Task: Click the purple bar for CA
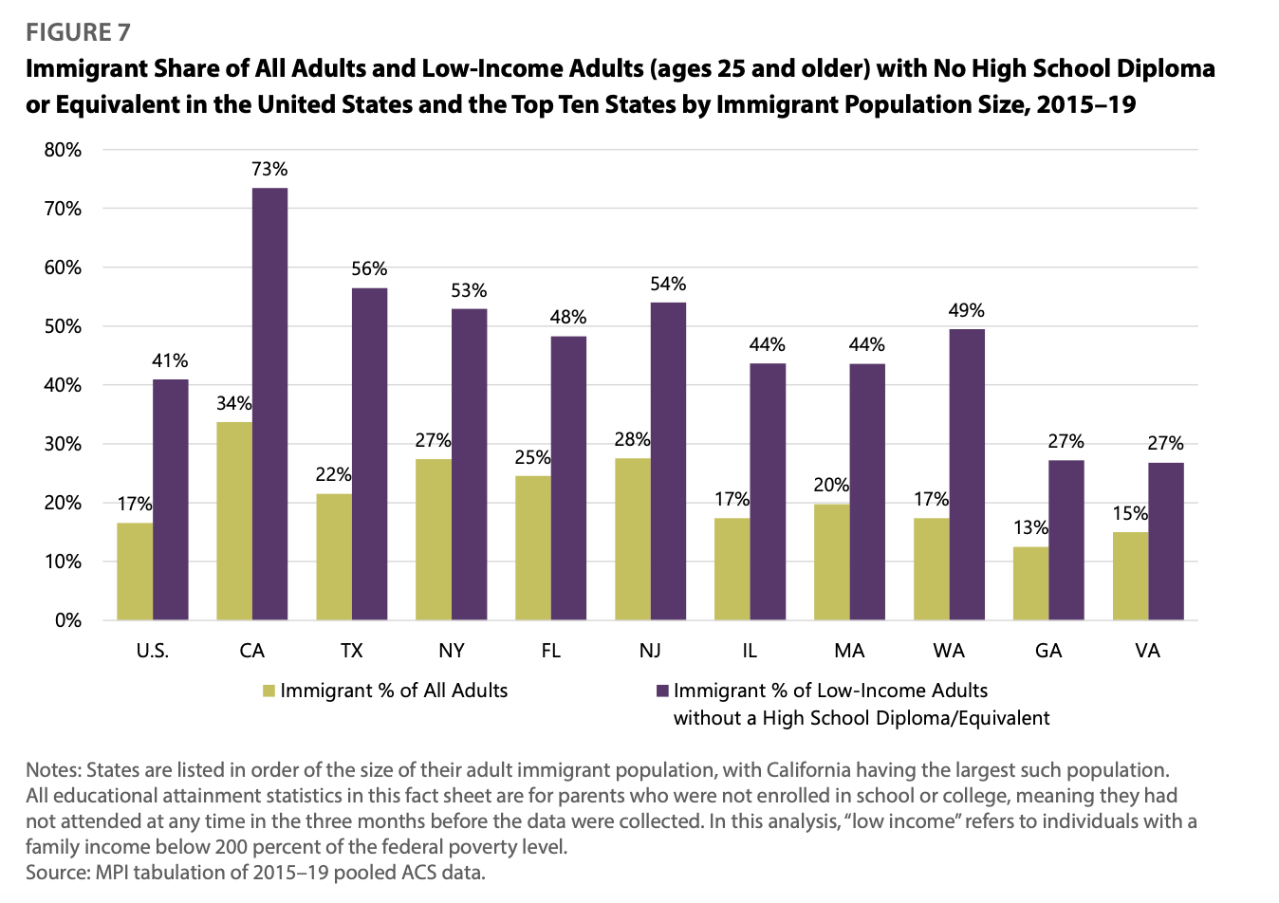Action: (x=269, y=404)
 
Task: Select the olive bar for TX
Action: (x=334, y=557)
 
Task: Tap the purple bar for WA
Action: (x=967, y=474)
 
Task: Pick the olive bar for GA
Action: (x=1030, y=583)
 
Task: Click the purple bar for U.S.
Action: (x=171, y=500)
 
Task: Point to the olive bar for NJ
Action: (x=632, y=539)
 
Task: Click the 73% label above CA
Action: (x=269, y=170)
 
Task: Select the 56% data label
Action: (x=369, y=269)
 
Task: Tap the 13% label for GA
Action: (x=1030, y=527)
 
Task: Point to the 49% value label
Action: (x=967, y=311)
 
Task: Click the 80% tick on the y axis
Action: (x=63, y=150)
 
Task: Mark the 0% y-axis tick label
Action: (x=68, y=620)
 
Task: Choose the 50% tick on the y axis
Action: (x=63, y=326)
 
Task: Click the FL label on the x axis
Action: (x=550, y=651)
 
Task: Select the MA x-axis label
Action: (x=849, y=651)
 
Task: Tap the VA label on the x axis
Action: (x=1147, y=651)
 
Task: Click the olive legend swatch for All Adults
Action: (x=269, y=691)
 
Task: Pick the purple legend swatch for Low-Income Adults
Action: (x=662, y=691)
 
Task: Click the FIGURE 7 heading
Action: (x=78, y=32)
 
